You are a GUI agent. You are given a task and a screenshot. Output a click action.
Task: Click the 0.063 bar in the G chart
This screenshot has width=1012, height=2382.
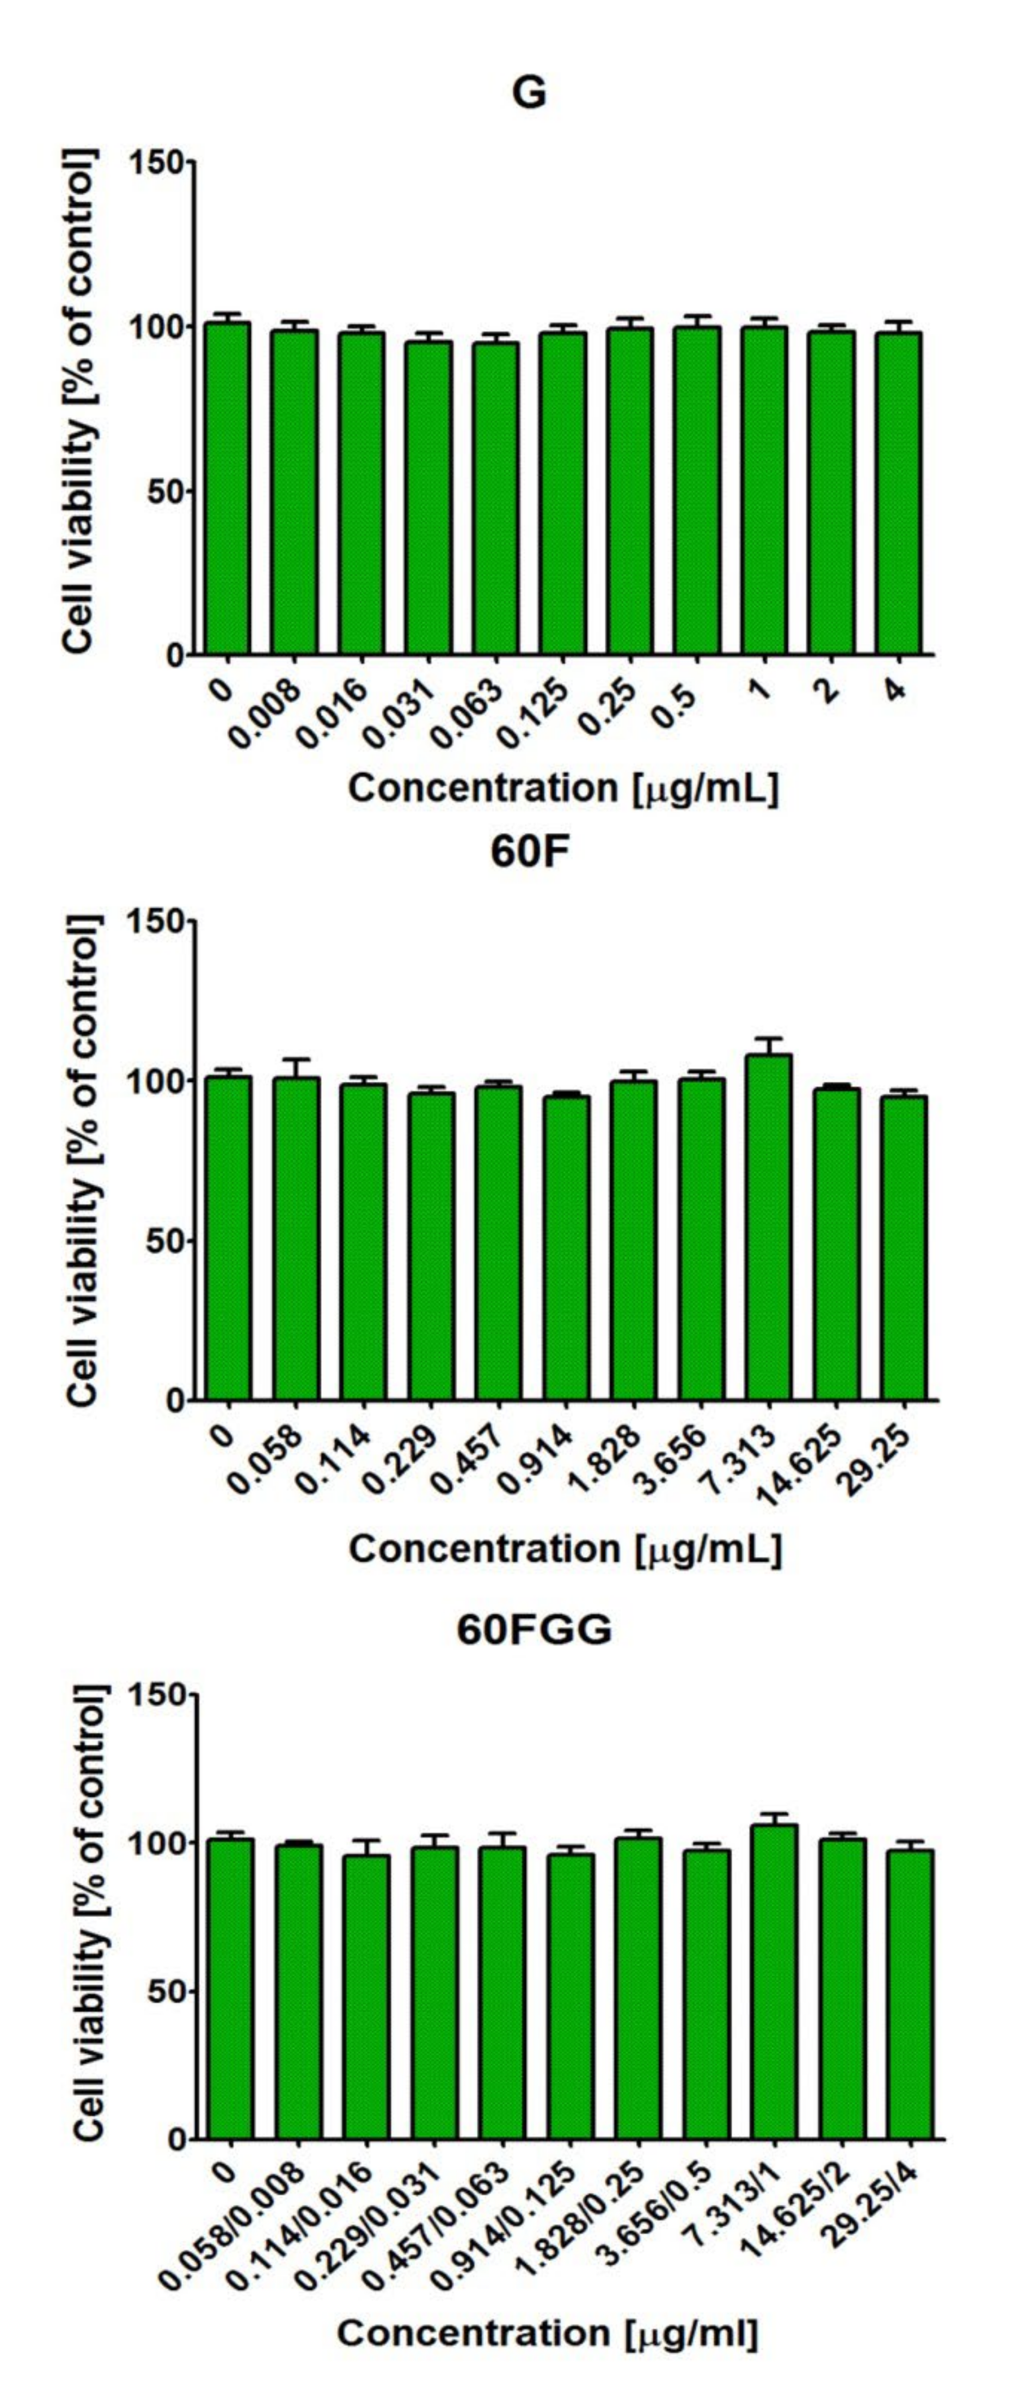pos(495,499)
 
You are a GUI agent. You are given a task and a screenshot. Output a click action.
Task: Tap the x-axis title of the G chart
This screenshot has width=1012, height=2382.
pos(564,789)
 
